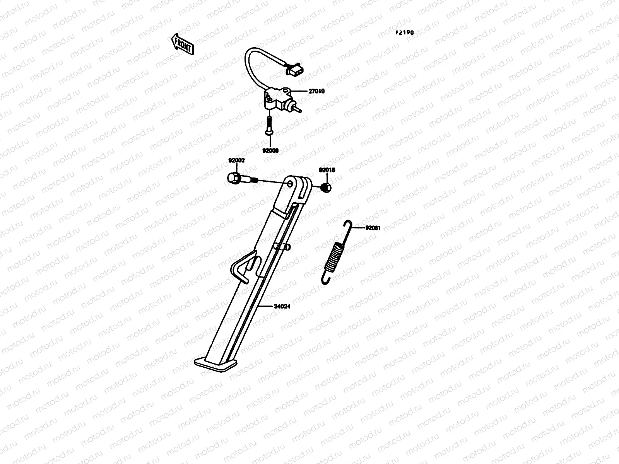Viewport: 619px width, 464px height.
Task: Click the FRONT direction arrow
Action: (x=182, y=43)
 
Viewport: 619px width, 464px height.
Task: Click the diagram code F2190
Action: (x=404, y=33)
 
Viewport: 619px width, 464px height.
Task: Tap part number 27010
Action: (x=316, y=92)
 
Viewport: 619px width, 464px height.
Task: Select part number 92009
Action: (x=270, y=150)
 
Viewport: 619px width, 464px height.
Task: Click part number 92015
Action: (x=327, y=170)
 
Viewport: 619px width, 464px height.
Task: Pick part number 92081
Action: (x=373, y=228)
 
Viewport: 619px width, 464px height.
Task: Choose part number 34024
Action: (x=282, y=306)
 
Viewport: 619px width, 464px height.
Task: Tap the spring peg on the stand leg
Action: (x=282, y=246)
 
